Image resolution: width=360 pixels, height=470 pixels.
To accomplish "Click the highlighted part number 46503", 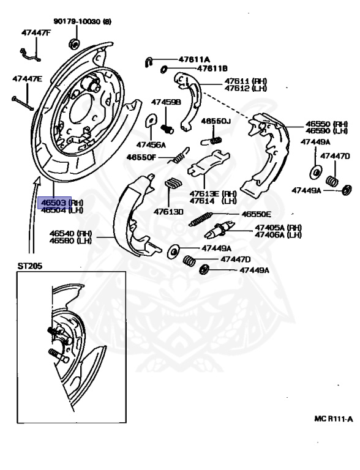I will point(53,201).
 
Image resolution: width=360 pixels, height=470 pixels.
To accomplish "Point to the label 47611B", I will point(195,69).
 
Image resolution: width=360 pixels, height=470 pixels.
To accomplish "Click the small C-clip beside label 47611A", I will point(149,60).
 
